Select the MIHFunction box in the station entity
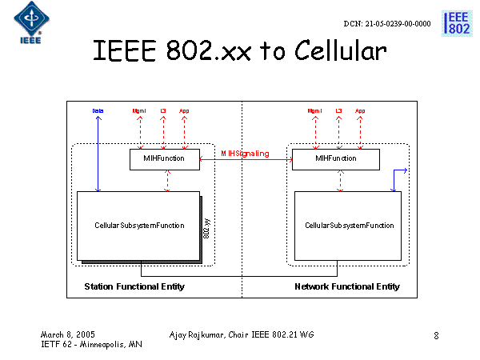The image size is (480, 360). (x=164, y=159)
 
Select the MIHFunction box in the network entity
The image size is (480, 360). (x=334, y=159)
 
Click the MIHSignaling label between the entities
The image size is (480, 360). (x=245, y=153)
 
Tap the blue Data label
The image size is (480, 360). (x=98, y=110)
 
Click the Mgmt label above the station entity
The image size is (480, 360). (x=140, y=110)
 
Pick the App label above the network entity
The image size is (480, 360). (x=360, y=110)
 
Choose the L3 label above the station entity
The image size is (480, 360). (x=163, y=110)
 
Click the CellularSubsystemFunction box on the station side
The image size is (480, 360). (x=138, y=226)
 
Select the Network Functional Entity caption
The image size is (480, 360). (x=347, y=286)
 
